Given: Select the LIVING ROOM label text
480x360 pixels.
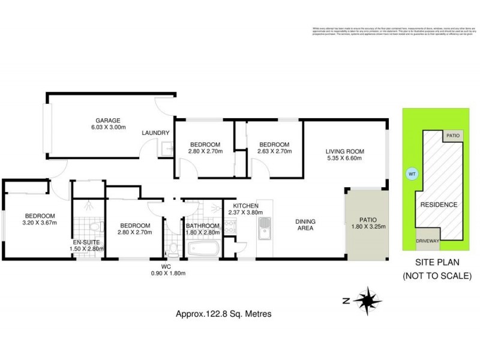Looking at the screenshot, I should tap(345, 151).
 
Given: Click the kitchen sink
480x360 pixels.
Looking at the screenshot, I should tap(265, 228).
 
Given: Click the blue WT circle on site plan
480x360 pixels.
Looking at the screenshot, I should tap(412, 174).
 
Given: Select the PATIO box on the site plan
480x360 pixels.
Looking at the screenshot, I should tap(453, 136).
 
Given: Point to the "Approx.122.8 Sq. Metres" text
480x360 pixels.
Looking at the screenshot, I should tap(218, 313).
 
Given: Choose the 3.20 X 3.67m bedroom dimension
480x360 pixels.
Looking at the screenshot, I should tap(40, 224).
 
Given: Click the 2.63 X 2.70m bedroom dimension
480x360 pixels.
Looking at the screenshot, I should tap(274, 152).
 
